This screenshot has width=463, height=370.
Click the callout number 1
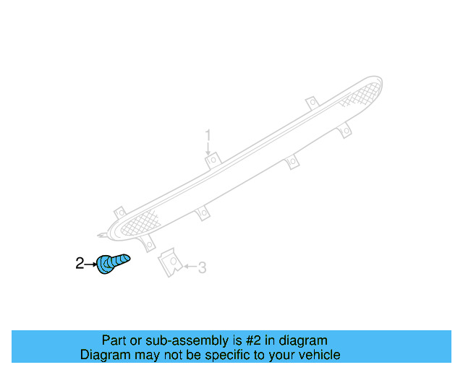(x=208, y=135)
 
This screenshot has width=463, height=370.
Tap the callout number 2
(x=80, y=264)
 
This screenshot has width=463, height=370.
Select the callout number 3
(x=202, y=268)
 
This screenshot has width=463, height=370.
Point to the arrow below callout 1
(x=208, y=148)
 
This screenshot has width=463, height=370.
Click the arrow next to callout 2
(x=91, y=264)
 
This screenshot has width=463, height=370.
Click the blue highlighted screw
(x=112, y=263)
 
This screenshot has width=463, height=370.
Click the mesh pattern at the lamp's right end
(x=362, y=94)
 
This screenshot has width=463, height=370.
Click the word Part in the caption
(x=114, y=340)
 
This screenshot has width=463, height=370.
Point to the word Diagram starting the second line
(x=104, y=355)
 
